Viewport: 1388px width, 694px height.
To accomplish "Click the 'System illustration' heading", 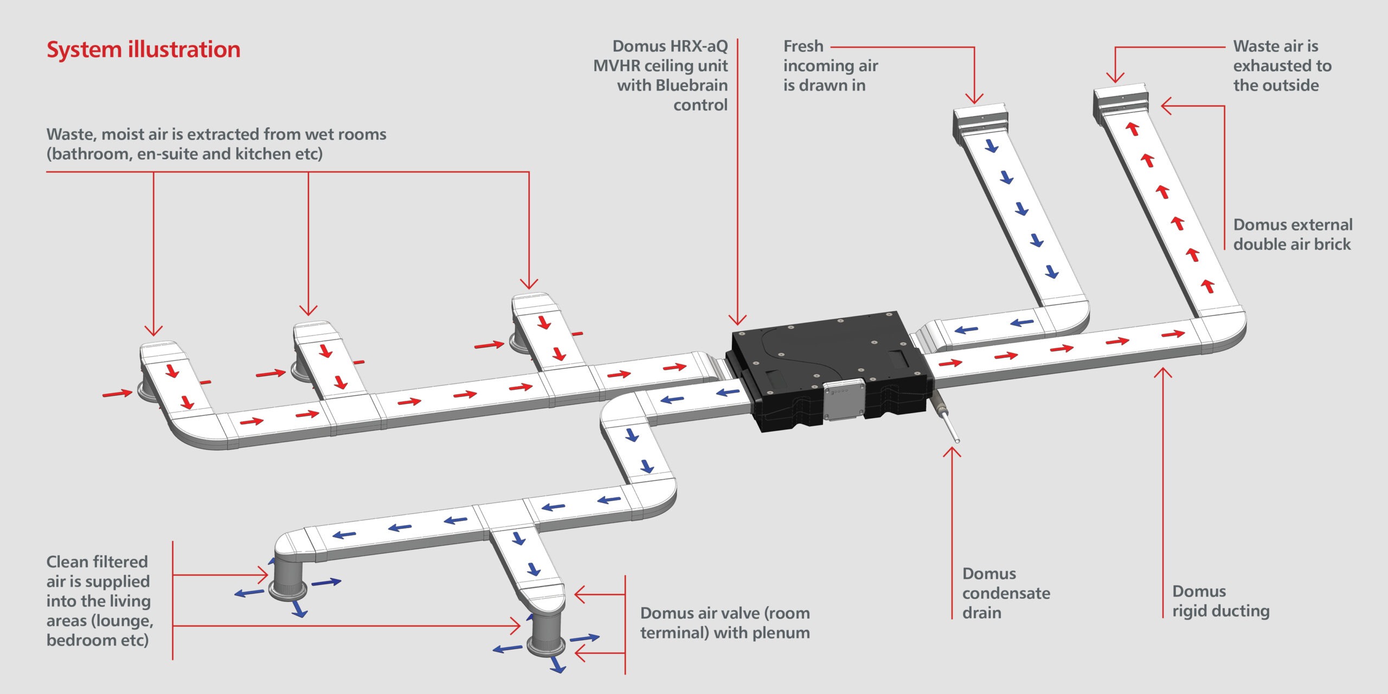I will click(x=143, y=50).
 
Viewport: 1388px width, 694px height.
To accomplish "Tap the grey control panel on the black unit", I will click(x=844, y=400).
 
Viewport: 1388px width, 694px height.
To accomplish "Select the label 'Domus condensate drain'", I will click(x=1006, y=593).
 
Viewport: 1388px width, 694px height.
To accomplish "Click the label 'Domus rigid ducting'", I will click(x=1220, y=601).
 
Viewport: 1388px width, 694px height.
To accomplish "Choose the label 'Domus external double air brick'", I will click(x=1293, y=234).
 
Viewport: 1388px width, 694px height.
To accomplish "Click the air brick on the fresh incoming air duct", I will click(x=980, y=120).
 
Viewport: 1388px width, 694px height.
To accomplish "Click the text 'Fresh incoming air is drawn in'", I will click(x=830, y=66).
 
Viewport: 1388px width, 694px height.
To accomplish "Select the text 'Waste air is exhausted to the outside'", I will click(x=1282, y=66).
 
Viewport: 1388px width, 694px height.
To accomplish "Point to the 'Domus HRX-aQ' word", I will click(x=670, y=46).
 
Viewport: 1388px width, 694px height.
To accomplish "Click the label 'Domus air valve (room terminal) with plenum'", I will click(x=725, y=622).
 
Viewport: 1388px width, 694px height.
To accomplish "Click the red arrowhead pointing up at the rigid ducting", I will click(x=1163, y=373).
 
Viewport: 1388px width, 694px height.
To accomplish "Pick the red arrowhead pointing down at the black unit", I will click(x=737, y=319).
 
